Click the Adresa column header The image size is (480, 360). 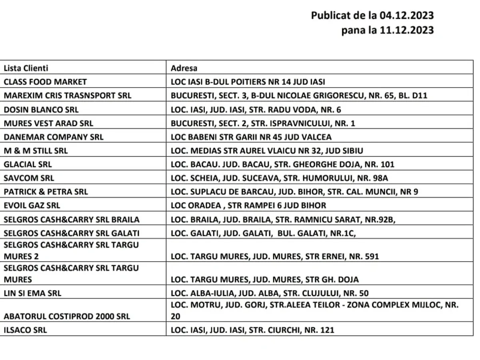coord(184,68)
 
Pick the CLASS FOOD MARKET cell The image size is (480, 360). coord(45,82)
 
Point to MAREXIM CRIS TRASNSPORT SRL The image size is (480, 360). coord(68,96)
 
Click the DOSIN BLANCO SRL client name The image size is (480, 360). coord(41,110)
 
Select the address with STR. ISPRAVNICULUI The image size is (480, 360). coord(263,123)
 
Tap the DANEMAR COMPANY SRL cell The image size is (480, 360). coord(54,137)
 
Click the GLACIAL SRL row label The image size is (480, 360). coord(28,164)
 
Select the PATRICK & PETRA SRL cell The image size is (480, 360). coord(46,192)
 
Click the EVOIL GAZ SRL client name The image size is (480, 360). coord(32,206)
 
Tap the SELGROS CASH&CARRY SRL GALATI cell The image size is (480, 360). coord(72,233)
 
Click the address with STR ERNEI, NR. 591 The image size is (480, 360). coord(274,256)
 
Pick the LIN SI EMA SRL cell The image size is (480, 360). coord(33,293)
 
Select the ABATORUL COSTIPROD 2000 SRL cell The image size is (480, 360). coord(67,316)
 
